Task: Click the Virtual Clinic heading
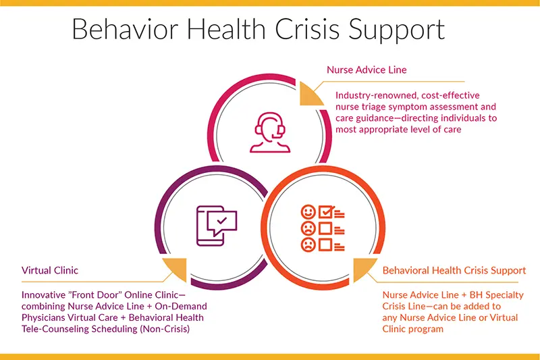(x=50, y=270)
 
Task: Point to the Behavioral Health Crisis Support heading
(x=454, y=270)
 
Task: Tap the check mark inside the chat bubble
(x=221, y=220)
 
